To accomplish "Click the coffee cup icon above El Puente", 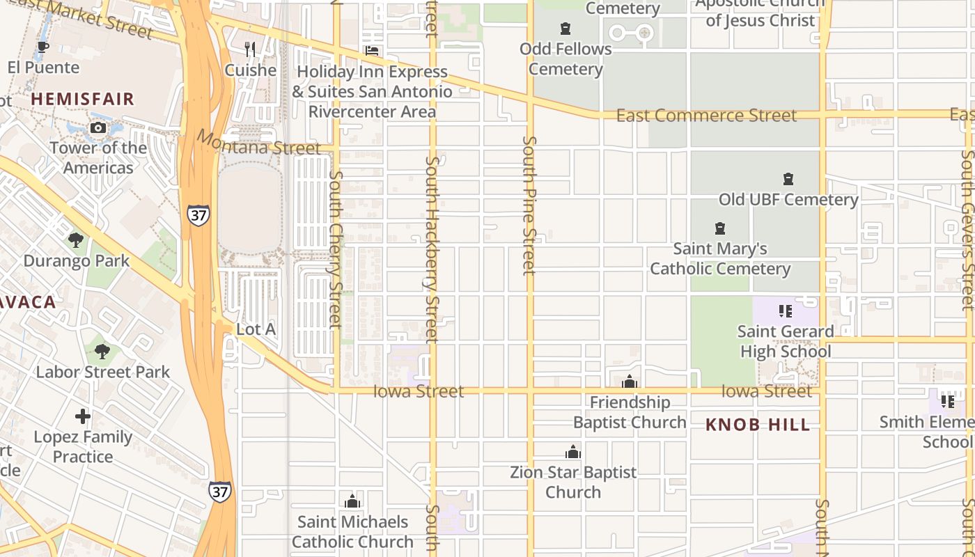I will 42,47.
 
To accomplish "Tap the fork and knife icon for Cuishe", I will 251,49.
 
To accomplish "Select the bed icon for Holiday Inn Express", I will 373,51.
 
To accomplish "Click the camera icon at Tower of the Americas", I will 97,127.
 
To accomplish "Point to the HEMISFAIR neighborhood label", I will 83,99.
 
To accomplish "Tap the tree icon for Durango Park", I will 76,240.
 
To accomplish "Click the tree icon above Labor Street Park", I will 102,352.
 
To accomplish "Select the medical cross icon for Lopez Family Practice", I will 83,416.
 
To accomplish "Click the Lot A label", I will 256,329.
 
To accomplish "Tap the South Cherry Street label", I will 336,249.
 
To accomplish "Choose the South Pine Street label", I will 529,205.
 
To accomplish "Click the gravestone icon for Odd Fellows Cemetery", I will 565,29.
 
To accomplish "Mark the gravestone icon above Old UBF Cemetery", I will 788,179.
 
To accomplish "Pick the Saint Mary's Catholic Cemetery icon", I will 720,228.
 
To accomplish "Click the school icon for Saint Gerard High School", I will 786,311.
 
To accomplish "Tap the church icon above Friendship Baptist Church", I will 630,382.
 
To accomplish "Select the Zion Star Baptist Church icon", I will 573,452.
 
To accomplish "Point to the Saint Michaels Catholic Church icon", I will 352,501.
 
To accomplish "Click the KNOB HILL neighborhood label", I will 758,425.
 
